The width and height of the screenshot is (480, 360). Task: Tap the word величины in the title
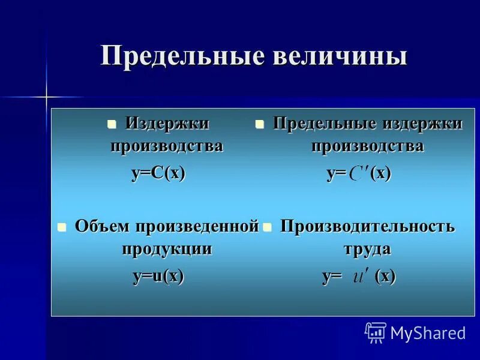340,56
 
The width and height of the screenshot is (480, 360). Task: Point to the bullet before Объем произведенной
61,227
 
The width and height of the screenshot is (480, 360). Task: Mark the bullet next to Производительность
268,227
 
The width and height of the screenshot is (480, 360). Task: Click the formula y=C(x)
158,173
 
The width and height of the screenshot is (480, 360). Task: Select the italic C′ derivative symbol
359,174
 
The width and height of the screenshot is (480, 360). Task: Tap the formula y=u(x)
158,276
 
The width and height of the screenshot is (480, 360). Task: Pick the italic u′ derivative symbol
361,277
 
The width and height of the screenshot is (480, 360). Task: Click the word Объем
103,226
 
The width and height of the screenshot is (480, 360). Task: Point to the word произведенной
197,226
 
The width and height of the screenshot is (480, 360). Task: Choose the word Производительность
367,226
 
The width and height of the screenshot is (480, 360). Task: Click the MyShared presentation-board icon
375,332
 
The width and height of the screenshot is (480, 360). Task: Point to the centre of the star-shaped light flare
46,95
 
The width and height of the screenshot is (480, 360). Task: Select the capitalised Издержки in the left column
167,124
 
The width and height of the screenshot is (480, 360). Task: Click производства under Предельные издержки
367,146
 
